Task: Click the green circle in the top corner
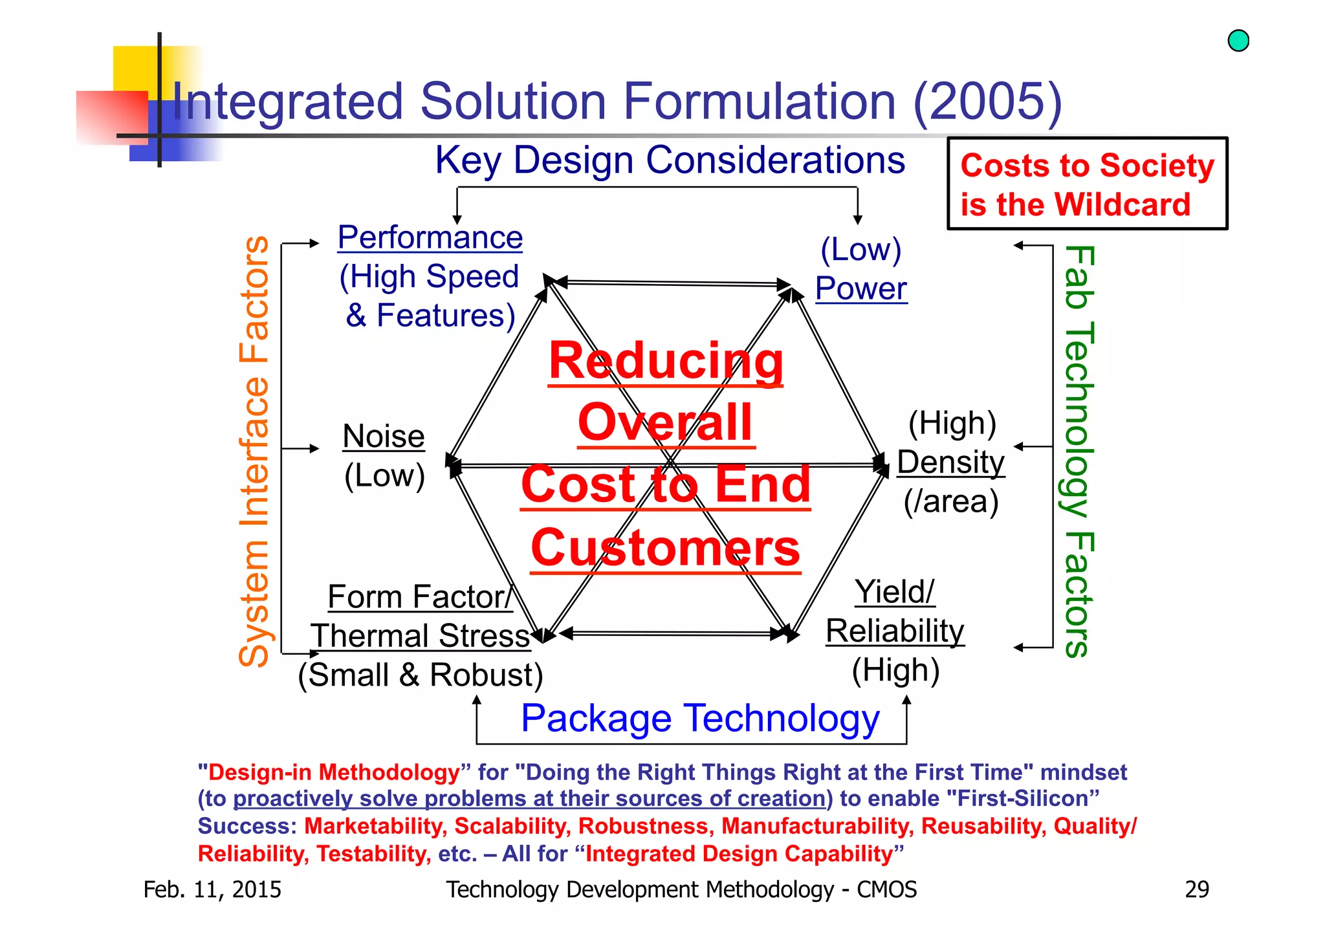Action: pyautogui.click(x=1238, y=41)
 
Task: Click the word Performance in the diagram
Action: pyautogui.click(x=430, y=237)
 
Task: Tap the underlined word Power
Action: pyautogui.click(x=860, y=288)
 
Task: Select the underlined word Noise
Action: pyautogui.click(x=384, y=437)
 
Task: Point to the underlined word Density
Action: pyautogui.click(x=950, y=463)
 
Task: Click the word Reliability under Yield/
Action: pyautogui.click(x=895, y=631)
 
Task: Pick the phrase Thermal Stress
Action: pyautogui.click(x=421, y=636)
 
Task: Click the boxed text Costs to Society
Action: pyautogui.click(x=1087, y=166)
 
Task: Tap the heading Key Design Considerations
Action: pyautogui.click(x=670, y=160)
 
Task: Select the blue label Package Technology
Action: pyautogui.click(x=700, y=719)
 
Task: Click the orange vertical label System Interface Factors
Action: pyautogui.click(x=254, y=452)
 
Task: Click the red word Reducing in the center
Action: pyautogui.click(x=666, y=361)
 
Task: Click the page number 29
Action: pyautogui.click(x=1196, y=889)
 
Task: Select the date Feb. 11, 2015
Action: pyautogui.click(x=212, y=889)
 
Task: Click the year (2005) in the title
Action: pyautogui.click(x=987, y=102)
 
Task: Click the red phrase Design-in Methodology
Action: pyautogui.click(x=334, y=772)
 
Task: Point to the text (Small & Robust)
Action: pyautogui.click(x=421, y=675)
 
